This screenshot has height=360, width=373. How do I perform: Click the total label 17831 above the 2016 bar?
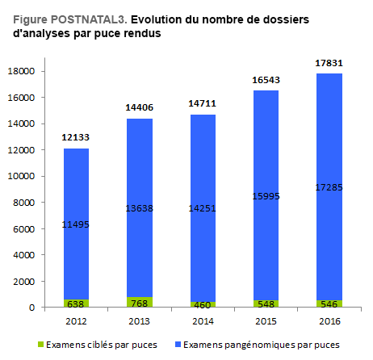[x=329, y=63]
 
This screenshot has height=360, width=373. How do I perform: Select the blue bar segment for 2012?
[x=76, y=224]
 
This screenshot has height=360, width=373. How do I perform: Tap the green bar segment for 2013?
[x=140, y=302]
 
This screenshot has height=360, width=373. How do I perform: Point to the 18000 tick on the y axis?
[x=21, y=71]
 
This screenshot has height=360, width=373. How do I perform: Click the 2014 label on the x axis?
[x=203, y=321]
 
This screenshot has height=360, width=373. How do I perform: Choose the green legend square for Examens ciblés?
[x=40, y=344]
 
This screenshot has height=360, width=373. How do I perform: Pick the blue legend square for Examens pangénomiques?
[x=178, y=344]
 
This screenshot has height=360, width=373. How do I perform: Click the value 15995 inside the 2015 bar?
[x=266, y=196]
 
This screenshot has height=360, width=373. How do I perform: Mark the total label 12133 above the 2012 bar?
[x=75, y=137]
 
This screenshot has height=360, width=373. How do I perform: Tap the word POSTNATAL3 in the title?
[x=89, y=19]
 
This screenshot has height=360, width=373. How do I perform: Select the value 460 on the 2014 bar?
[x=203, y=305]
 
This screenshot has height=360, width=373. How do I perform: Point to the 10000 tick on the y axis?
[x=21, y=176]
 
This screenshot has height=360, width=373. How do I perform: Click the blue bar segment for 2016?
[x=329, y=186]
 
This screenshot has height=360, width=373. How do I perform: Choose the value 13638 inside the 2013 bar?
[x=139, y=208]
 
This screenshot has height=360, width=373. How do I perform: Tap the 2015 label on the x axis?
[x=266, y=321]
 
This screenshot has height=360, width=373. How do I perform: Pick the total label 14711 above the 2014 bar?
[x=202, y=103]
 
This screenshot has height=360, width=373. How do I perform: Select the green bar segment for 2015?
[x=266, y=303]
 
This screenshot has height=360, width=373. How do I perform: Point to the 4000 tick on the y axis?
[x=24, y=255]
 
